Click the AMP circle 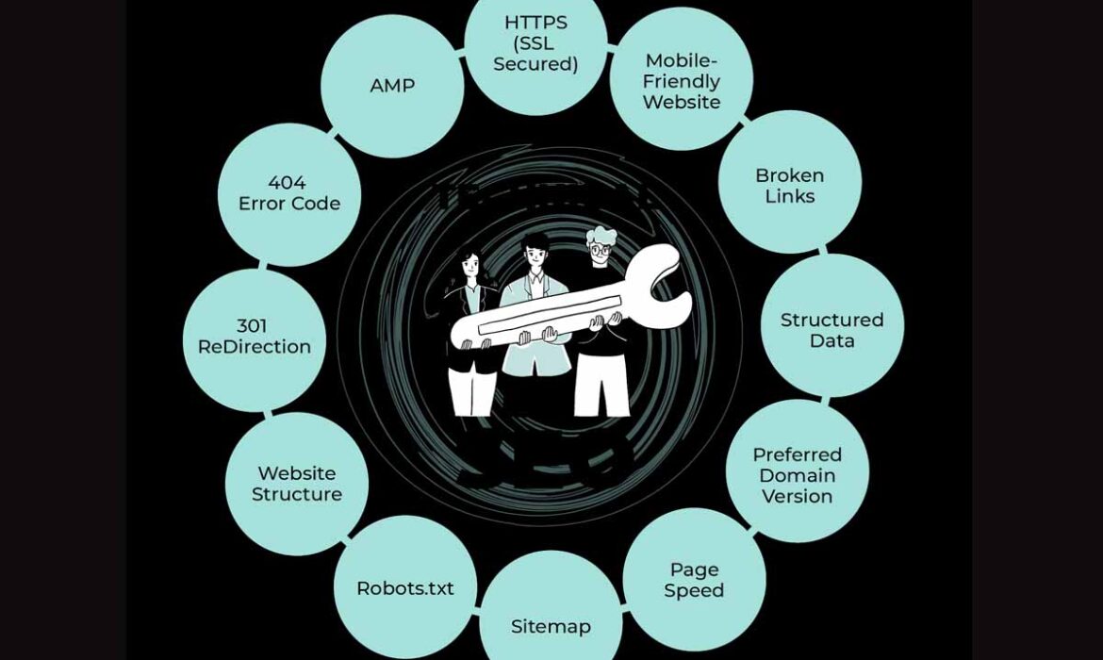(x=392, y=86)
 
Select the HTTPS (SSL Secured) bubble (x=535, y=43)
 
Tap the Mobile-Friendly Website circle (x=682, y=81)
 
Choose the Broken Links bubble (x=790, y=185)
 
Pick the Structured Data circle (x=831, y=330)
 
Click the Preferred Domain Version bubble (x=798, y=474)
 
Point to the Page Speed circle (x=694, y=580)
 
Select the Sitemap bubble (x=551, y=618)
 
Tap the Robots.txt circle (x=405, y=587)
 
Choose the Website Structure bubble (x=297, y=483)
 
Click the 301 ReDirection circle (x=255, y=337)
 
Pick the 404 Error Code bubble (x=288, y=193)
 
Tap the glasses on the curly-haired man (x=601, y=250)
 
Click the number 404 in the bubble (x=287, y=182)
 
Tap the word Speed (x=694, y=590)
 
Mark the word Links (x=790, y=196)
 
